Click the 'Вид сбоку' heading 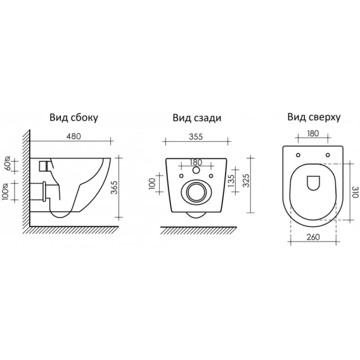[x=74, y=117]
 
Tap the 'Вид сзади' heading [x=197, y=118]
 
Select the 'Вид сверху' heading [x=314, y=117]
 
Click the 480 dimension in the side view [x=74, y=136]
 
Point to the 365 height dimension [x=114, y=188]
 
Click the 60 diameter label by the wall [x=8, y=164]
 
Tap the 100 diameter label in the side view [x=6, y=191]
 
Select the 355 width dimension [x=196, y=137]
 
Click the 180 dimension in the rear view [x=196, y=162]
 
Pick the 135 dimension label [x=231, y=180]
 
